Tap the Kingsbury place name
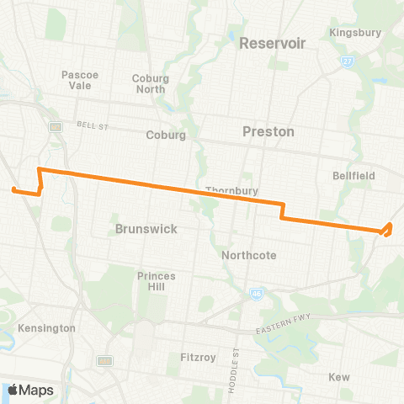point(356,33)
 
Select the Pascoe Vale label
point(80,80)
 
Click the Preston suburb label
point(268,131)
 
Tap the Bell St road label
point(88,124)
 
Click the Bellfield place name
point(354,176)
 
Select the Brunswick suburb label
point(146,228)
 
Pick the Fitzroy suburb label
point(198,357)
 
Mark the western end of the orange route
point(13,189)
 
